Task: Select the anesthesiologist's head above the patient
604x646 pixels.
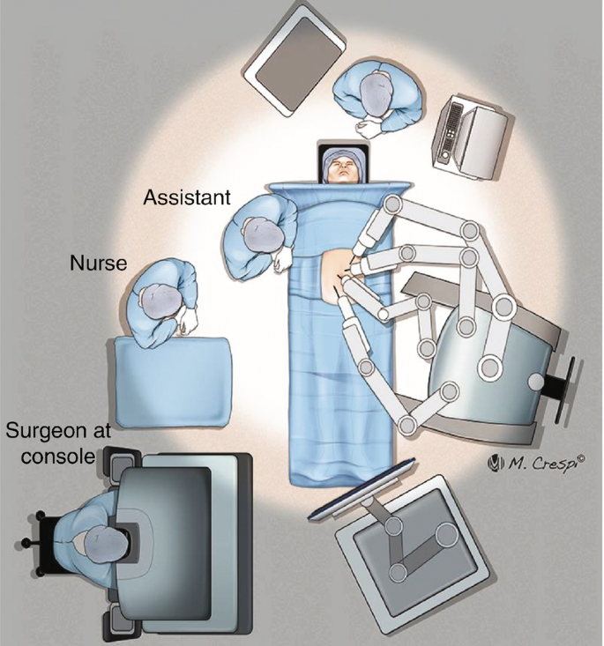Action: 376,92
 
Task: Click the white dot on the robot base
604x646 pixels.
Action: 537,381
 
